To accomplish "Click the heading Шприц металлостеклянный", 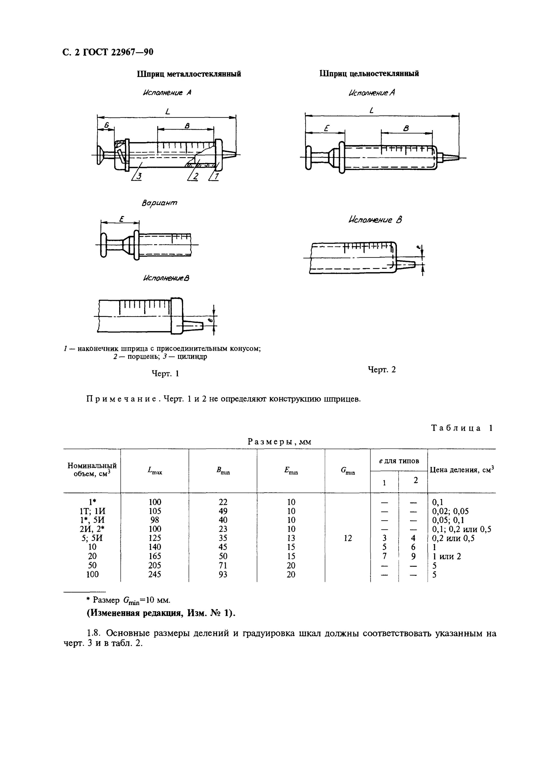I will click(189, 74).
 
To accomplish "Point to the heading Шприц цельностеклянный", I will click(369, 74).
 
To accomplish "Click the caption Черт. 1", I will click(165, 373).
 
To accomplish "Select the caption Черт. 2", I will click(382, 369).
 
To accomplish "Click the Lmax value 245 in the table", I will click(154, 574).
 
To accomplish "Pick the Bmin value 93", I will click(223, 574).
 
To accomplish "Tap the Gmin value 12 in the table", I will click(347, 538).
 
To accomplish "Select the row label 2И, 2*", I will click(92, 529).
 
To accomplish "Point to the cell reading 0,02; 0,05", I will click(450, 511).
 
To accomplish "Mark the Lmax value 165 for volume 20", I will click(154, 556).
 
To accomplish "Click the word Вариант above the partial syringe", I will click(160, 203).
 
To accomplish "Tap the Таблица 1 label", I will click(462, 428).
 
